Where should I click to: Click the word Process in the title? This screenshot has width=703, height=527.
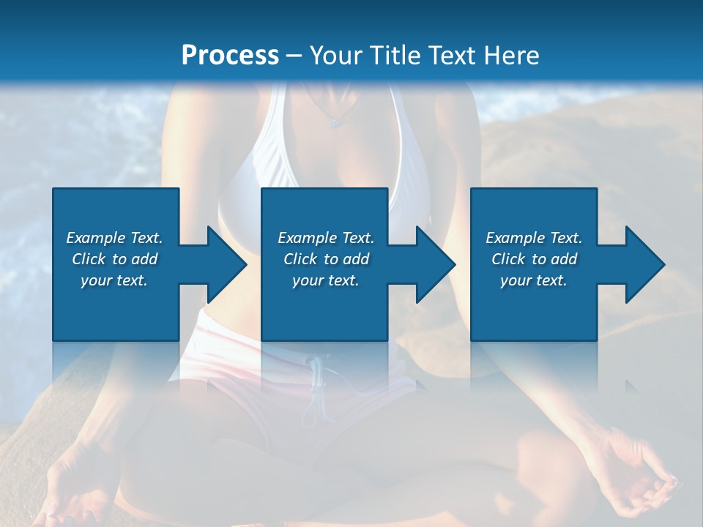click(230, 55)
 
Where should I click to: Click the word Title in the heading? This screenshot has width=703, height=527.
click(395, 55)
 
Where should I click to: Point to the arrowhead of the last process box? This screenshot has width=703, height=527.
click(641, 264)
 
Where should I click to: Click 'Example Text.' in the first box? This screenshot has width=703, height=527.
click(114, 238)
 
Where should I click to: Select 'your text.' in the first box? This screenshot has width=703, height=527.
click(114, 280)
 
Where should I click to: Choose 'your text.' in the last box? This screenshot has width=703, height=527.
click(534, 280)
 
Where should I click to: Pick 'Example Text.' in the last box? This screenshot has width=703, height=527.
click(534, 238)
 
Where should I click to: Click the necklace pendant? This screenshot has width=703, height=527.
click(335, 122)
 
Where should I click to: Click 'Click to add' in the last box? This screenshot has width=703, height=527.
click(534, 259)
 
